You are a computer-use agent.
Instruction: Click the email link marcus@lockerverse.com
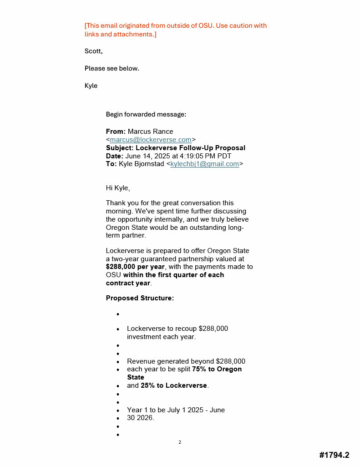click(151, 140)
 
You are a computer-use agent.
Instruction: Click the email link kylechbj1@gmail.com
click(204, 164)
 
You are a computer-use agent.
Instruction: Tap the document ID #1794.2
click(334, 455)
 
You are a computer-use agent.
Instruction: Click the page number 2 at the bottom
click(180, 442)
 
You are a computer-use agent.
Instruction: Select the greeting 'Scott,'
click(93, 51)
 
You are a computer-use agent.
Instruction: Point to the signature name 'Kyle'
click(91, 86)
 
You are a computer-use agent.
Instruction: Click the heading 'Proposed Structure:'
click(140, 298)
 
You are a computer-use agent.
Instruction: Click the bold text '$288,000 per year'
click(135, 267)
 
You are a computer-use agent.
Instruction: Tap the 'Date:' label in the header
click(115, 156)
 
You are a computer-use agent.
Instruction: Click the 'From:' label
click(116, 132)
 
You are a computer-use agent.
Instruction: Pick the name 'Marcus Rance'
click(150, 132)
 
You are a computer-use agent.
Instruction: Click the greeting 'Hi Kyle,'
click(118, 188)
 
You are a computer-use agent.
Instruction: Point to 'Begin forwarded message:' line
click(146, 114)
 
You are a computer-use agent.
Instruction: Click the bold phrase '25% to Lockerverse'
click(173, 385)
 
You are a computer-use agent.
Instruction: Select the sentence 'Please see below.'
click(112, 68)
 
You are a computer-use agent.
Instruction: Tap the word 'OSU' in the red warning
click(204, 25)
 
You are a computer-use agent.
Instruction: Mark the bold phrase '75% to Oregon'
click(217, 369)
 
